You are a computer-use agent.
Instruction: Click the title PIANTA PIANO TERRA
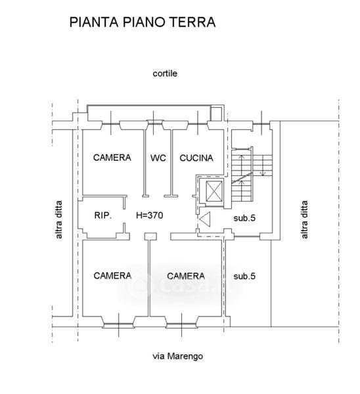143,22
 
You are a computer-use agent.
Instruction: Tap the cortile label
165,74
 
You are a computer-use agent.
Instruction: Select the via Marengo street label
178,356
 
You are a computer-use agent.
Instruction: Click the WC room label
158,158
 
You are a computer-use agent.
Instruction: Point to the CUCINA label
196,158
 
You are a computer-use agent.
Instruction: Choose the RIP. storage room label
103,215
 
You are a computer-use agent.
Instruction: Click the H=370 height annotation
150,215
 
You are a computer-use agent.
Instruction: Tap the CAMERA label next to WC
112,158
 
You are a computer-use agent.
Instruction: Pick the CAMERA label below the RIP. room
112,276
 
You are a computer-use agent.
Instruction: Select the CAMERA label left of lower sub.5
186,276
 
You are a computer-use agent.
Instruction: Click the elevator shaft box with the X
214,191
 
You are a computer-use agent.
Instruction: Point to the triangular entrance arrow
205,219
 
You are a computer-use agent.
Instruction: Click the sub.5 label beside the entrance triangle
244,218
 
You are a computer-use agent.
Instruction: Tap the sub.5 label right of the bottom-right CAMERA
244,276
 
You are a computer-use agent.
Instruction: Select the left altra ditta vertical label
58,219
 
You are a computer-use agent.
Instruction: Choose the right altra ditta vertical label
304,219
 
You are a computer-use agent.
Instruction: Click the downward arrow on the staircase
263,165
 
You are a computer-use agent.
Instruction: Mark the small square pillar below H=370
150,236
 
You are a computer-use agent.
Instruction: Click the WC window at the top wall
154,122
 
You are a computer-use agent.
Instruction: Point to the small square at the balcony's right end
216,114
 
